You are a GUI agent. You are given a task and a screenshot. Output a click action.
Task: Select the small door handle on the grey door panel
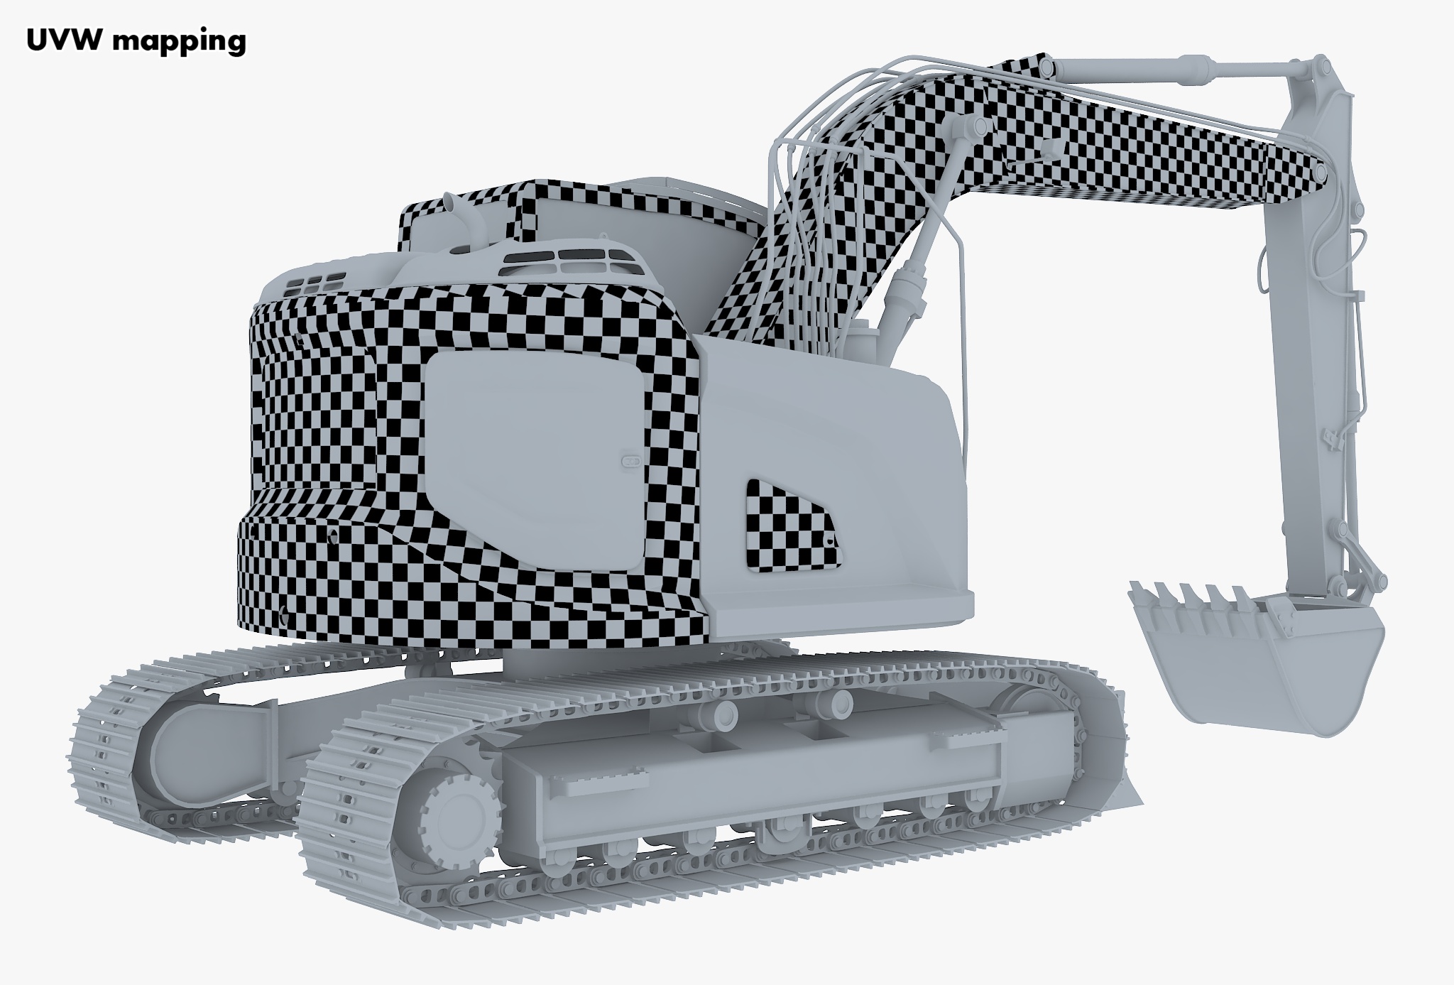click(630, 462)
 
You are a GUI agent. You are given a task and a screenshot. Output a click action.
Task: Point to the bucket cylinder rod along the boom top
click(1171, 71)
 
